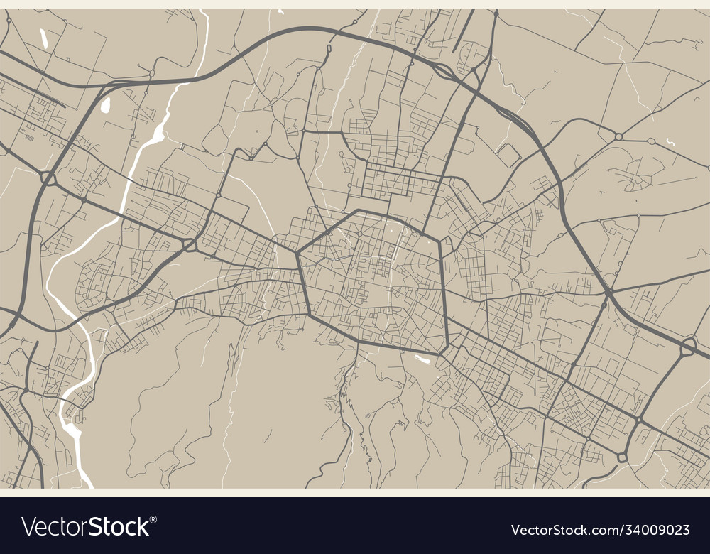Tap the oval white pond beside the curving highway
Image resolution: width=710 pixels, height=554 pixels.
point(106,106)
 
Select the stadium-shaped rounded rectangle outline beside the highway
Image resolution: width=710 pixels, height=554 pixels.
point(508,154)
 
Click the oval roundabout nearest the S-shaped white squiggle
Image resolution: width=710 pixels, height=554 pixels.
point(651,141)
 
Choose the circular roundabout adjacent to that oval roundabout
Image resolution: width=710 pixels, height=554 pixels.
point(618,136)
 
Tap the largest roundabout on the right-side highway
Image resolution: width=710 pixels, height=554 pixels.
point(688,347)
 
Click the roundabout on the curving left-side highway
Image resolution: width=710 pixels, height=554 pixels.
point(48,178)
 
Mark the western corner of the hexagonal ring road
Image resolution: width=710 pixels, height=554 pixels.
point(298,251)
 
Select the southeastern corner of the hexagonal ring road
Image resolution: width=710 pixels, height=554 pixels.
point(446,350)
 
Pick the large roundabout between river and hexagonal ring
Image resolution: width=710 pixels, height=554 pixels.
point(190,245)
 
